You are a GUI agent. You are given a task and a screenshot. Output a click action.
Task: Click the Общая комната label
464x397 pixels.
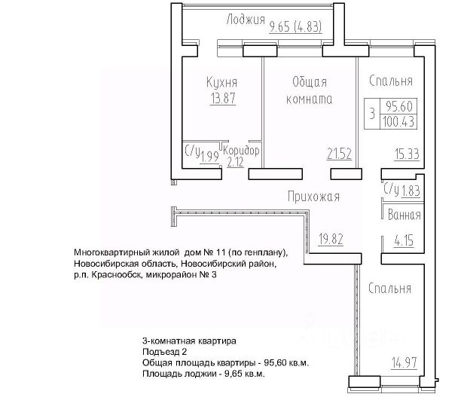pyautogui.click(x=310, y=90)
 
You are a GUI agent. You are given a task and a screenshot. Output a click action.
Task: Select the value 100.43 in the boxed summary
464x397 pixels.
pyautogui.click(x=401, y=121)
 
